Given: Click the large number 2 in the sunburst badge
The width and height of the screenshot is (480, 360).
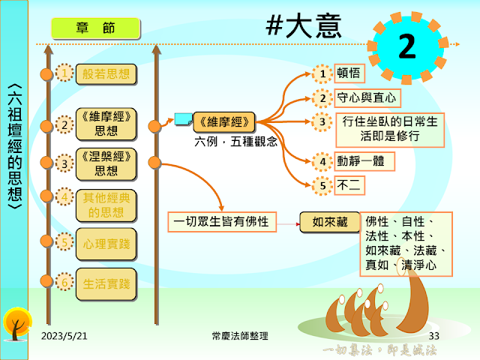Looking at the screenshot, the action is (406, 47).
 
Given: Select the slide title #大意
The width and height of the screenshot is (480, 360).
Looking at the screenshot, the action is (304, 25).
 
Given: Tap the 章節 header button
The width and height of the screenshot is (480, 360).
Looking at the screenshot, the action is (94, 28).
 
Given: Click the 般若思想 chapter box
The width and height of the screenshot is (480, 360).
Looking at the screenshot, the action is (106, 73).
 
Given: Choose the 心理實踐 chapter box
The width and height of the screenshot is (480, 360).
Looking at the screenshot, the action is (106, 243).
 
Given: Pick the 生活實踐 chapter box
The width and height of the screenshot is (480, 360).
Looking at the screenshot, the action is (106, 283).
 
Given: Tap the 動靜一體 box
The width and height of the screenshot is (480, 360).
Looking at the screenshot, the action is (363, 160).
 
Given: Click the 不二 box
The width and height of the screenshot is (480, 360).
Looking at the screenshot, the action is (349, 184).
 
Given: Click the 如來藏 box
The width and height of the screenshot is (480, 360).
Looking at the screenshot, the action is (330, 221).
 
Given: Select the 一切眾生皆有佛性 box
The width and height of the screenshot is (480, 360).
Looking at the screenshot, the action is (220, 221).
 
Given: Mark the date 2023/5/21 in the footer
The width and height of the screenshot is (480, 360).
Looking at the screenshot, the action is (64, 335).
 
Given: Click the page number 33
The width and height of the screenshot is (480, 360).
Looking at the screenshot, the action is (434, 335).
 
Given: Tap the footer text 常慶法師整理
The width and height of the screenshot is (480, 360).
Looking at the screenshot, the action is (240, 335).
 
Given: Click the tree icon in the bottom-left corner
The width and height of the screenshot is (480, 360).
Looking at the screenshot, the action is (16, 322).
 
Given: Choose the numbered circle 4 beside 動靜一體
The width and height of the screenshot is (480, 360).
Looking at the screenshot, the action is (322, 160).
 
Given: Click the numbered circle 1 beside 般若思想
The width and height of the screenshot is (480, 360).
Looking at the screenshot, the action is (66, 73).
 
